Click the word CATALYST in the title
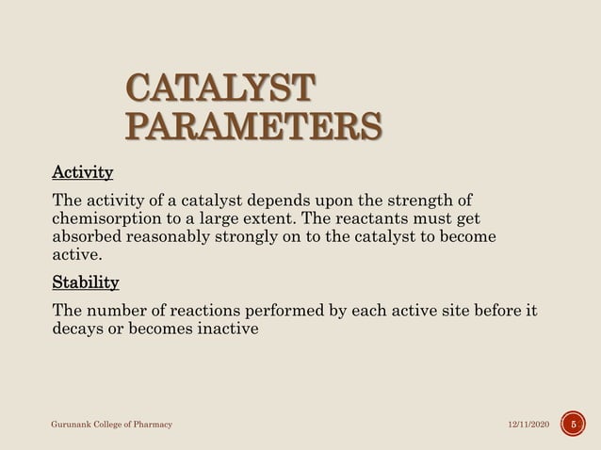pyautogui.click(x=218, y=91)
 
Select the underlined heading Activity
pyautogui.click(x=82, y=173)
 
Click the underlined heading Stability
pyautogui.click(x=85, y=282)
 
